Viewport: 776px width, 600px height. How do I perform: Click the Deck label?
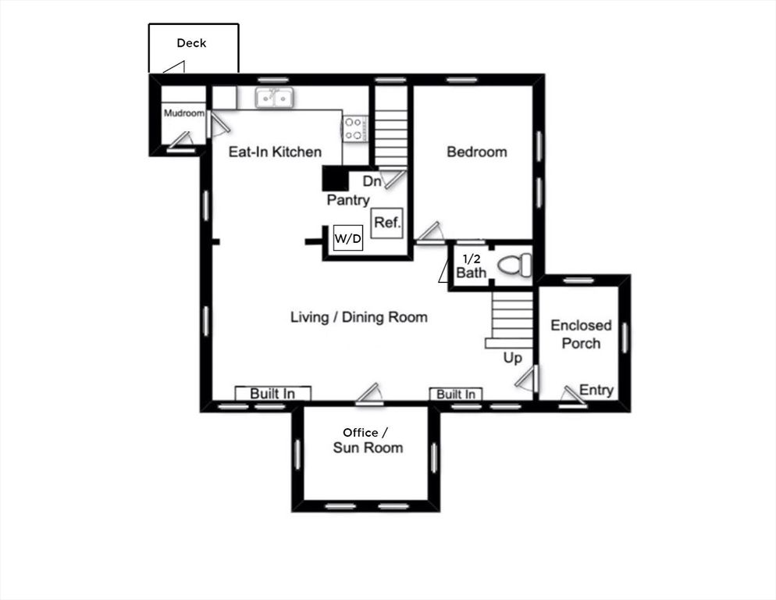(191, 43)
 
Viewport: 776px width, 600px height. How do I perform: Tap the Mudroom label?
(183, 113)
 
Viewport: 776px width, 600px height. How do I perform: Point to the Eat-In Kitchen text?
(274, 152)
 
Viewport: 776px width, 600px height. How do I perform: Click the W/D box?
(348, 239)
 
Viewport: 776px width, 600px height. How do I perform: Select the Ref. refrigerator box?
(387, 223)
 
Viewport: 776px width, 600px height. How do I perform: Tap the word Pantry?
(348, 200)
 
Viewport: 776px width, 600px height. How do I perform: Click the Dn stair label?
(372, 181)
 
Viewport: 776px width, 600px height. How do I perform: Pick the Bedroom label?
(476, 152)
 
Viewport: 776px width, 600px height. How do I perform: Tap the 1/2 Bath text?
(471, 266)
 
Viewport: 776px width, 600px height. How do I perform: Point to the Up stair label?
(512, 357)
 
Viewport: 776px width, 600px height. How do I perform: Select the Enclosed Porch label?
(581, 334)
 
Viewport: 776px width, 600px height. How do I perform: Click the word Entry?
(596, 390)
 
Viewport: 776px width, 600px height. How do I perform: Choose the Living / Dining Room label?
(358, 317)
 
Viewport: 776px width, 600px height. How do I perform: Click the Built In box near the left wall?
(272, 394)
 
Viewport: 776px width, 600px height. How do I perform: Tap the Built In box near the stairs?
(456, 395)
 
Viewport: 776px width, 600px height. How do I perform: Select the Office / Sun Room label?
(367, 440)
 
